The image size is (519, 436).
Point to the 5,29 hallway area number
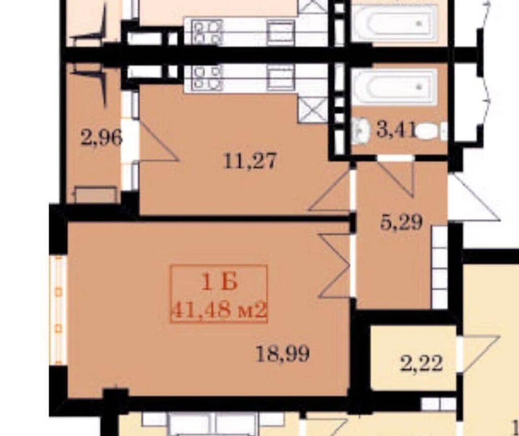[x=401, y=222]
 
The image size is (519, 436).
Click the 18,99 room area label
[x=283, y=353]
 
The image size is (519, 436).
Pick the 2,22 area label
[x=421, y=364]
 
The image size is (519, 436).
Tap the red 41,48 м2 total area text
[x=219, y=311]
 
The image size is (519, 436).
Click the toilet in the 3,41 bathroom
[x=431, y=131]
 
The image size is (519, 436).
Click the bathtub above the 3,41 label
[x=394, y=87]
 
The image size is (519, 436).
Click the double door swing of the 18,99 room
[x=335, y=265]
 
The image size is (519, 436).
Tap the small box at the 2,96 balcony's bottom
[x=96, y=194]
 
